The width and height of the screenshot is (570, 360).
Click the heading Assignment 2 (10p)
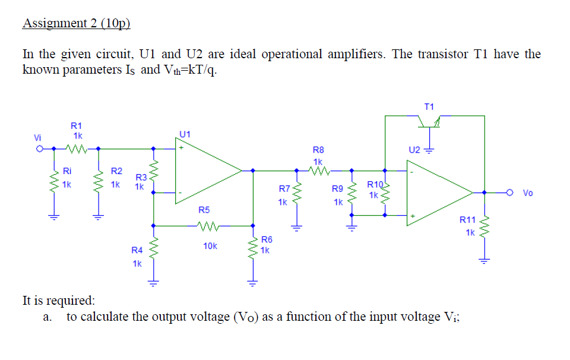tap(75, 24)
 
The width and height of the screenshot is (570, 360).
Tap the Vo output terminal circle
tap(510, 192)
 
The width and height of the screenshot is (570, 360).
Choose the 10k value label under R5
tap(210, 245)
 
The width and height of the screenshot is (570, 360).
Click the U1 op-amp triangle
tap(205, 170)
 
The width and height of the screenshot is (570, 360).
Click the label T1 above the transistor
tap(429, 106)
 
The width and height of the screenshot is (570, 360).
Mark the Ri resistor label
tap(67, 172)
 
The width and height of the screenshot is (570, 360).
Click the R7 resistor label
tap(284, 189)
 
